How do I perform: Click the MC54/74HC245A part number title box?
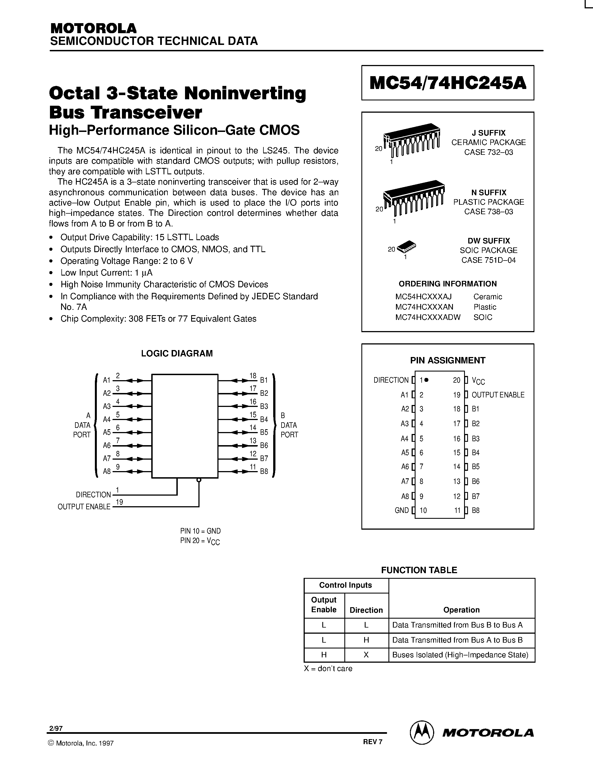pyautogui.click(x=448, y=83)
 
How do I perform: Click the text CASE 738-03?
pyautogui.click(x=488, y=211)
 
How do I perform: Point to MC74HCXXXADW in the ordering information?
pyautogui.click(x=428, y=317)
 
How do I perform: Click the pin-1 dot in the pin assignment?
pyautogui.click(x=426, y=380)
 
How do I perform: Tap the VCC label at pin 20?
pyautogui.click(x=478, y=381)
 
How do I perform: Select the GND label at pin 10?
pyautogui.click(x=402, y=510)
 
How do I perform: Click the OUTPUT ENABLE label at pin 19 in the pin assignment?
pyautogui.click(x=498, y=395)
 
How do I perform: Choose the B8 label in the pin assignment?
pyautogui.click(x=476, y=510)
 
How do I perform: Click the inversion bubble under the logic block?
pyautogui.click(x=199, y=480)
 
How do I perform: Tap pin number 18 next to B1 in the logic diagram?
pyautogui.click(x=253, y=375)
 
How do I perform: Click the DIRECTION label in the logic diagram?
pyautogui.click(x=93, y=495)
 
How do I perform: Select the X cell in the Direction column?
pyautogui.click(x=366, y=655)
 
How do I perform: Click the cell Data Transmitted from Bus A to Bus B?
pyautogui.click(x=457, y=640)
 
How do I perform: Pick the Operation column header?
pyautogui.click(x=461, y=610)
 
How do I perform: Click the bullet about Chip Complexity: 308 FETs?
pyautogui.click(x=158, y=319)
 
